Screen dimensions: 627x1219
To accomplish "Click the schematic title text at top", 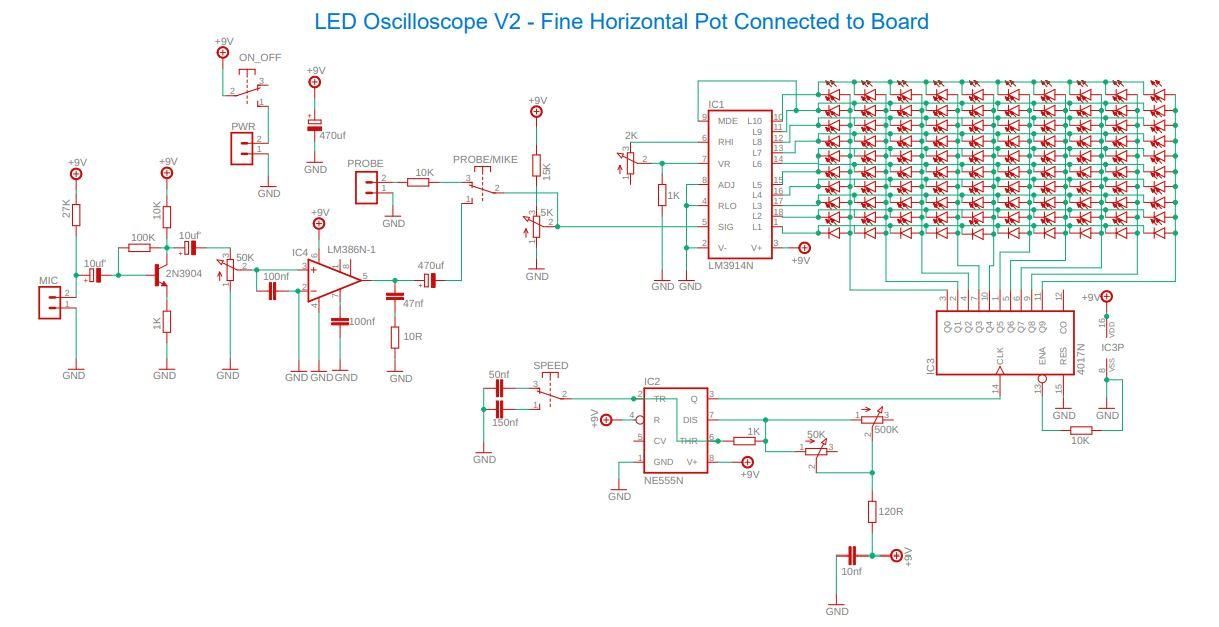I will [x=621, y=20].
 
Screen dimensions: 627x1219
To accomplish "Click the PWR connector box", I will [x=242, y=149].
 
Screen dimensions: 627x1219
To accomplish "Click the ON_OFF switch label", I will [x=260, y=58].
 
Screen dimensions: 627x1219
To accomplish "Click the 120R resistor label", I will [x=889, y=511].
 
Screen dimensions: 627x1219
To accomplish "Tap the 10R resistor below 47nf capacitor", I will [x=395, y=338].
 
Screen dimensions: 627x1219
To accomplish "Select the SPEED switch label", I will [x=550, y=366].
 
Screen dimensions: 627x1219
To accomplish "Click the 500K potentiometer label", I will [x=885, y=429].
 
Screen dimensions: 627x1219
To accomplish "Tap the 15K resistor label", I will [x=546, y=170].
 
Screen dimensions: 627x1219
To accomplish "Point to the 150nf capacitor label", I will [x=504, y=423].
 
